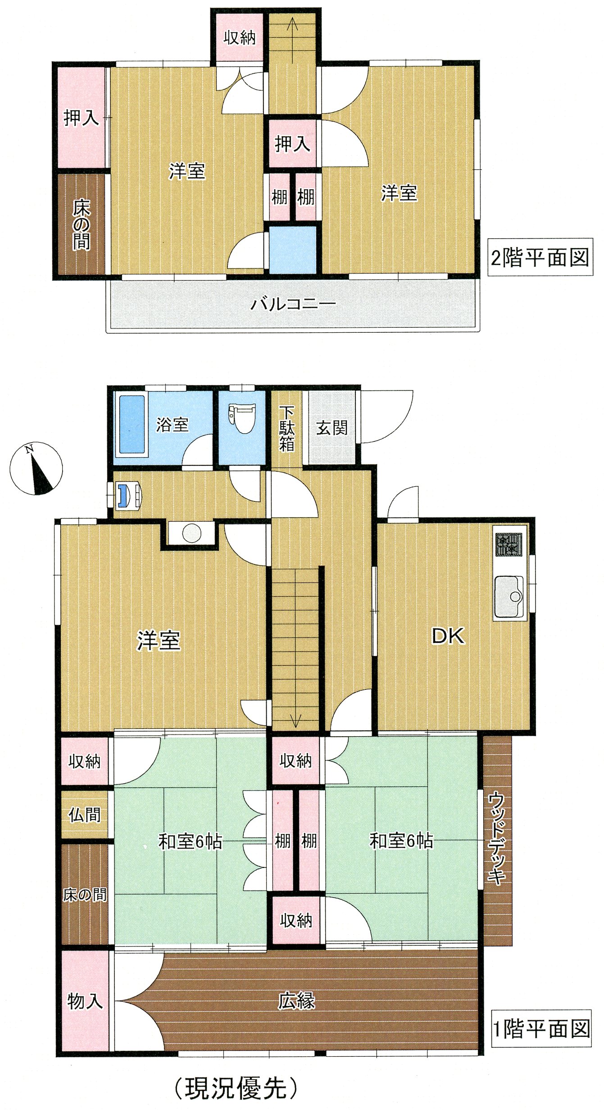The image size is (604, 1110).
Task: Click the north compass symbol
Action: (x=36, y=468)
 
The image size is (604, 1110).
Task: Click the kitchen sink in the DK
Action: (x=509, y=596)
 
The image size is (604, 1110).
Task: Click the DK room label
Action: (x=448, y=636)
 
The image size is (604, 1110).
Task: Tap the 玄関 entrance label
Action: (x=332, y=427)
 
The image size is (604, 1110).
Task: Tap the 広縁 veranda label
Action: (x=296, y=1001)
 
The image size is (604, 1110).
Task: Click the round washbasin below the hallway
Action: (x=192, y=534)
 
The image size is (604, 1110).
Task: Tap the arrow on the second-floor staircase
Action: (x=293, y=40)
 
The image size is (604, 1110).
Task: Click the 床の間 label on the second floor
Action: (x=82, y=225)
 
